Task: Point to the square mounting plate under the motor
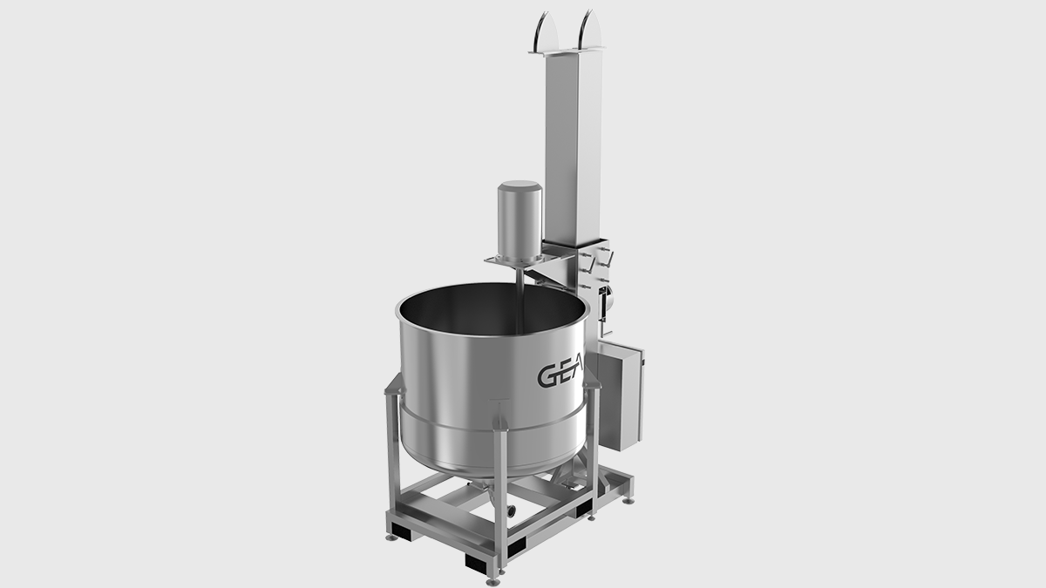[515, 262]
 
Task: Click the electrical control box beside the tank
[621, 397]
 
